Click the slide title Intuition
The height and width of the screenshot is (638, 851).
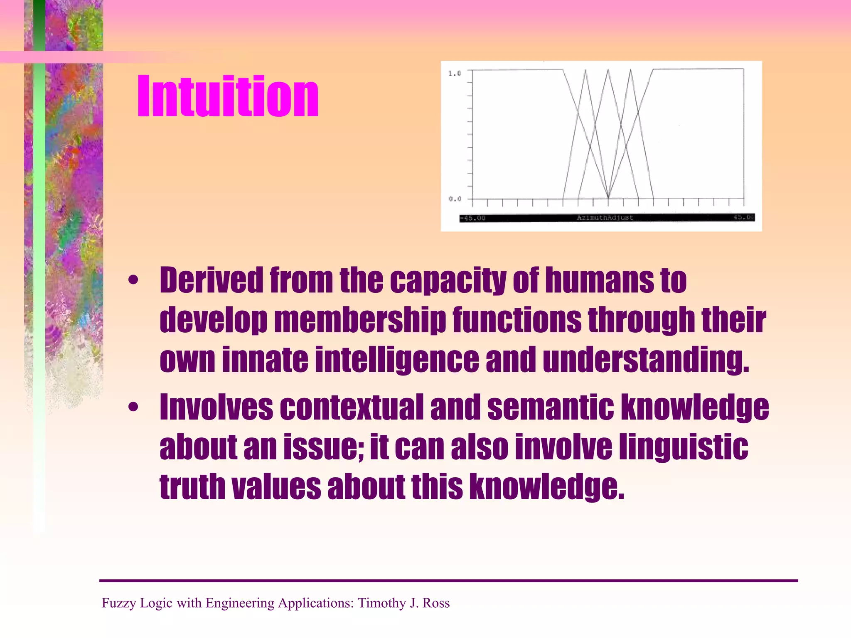(x=228, y=96)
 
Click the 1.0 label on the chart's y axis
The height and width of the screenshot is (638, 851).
(x=454, y=74)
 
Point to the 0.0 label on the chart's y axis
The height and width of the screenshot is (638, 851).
(x=455, y=199)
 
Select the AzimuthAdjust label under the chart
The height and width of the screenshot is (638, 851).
(x=605, y=218)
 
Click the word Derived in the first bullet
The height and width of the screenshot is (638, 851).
(x=212, y=280)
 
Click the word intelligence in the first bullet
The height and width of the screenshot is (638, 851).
(x=397, y=359)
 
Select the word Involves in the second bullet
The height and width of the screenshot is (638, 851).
(x=216, y=407)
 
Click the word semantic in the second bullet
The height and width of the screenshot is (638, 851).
(x=550, y=407)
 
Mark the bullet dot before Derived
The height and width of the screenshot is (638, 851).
(x=133, y=280)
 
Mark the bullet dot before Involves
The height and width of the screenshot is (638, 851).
(x=133, y=407)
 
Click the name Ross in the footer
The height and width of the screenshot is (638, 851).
(x=436, y=603)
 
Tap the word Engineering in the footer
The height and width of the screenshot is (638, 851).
(x=240, y=603)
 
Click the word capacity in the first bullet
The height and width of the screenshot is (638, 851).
(x=448, y=280)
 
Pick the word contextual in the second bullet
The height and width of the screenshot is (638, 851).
(x=352, y=407)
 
